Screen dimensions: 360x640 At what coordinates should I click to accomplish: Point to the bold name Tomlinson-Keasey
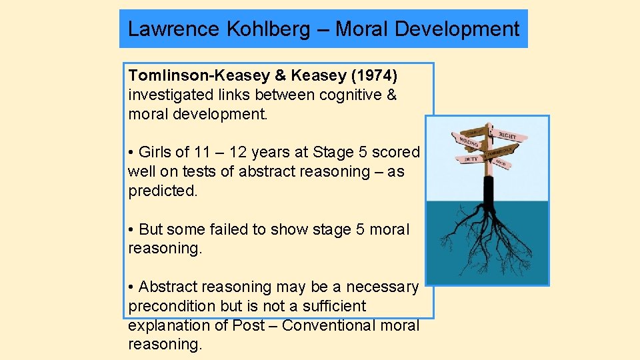(195, 75)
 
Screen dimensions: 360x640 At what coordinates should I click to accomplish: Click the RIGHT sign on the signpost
(508, 136)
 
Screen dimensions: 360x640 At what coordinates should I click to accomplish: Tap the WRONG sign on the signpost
(468, 143)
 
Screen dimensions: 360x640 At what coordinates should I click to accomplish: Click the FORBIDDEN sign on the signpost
(505, 151)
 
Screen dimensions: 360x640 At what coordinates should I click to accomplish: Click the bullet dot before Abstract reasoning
(132, 287)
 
